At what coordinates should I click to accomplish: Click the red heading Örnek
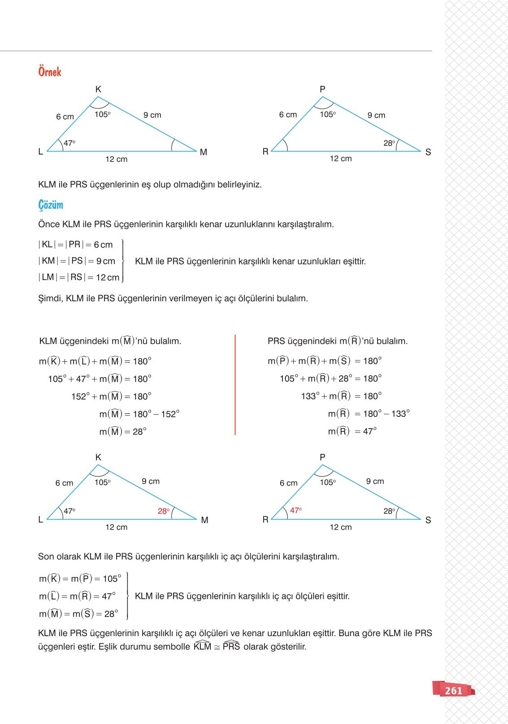[x=49, y=72]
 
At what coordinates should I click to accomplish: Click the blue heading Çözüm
[x=51, y=205]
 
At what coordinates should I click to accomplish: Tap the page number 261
[x=453, y=690]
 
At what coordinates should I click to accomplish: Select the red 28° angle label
[x=164, y=511]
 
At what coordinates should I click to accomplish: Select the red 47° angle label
[x=296, y=510]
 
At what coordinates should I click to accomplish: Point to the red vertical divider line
[x=235, y=385]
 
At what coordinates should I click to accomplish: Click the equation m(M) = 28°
[x=122, y=432]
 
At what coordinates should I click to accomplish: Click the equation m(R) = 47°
[x=352, y=431]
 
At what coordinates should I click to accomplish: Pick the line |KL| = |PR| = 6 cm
[x=76, y=245]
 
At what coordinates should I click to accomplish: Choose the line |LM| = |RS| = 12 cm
[x=79, y=277]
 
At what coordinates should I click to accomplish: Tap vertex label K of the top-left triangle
[x=98, y=89]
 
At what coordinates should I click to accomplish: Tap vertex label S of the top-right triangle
[x=428, y=152]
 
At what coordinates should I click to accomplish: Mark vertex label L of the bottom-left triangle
[x=41, y=520]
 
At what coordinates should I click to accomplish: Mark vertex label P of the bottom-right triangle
[x=322, y=457]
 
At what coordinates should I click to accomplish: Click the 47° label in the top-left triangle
[x=69, y=143]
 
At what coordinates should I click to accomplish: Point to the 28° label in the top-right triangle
[x=389, y=143]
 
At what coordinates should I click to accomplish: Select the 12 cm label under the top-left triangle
[x=117, y=159]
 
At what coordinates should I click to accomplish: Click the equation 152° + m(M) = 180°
[x=111, y=396]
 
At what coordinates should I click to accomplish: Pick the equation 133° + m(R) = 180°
[x=341, y=396]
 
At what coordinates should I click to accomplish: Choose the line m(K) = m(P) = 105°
[x=80, y=579]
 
